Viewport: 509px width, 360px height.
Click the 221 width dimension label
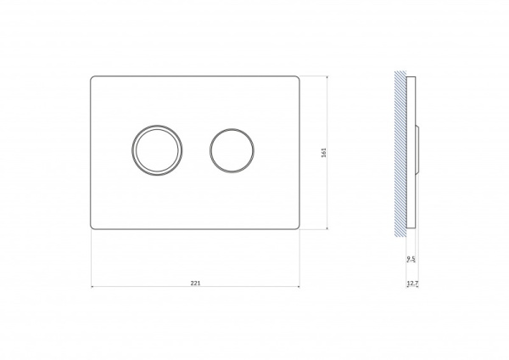195,283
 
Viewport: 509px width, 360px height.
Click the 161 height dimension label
323,153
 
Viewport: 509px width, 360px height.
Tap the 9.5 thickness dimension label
411,259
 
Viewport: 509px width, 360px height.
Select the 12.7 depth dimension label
412,284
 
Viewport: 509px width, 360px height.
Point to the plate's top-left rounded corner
92,77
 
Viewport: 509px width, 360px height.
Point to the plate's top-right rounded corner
298,78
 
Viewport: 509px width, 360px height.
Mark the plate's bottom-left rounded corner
92,228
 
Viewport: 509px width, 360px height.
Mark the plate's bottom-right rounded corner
298,228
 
